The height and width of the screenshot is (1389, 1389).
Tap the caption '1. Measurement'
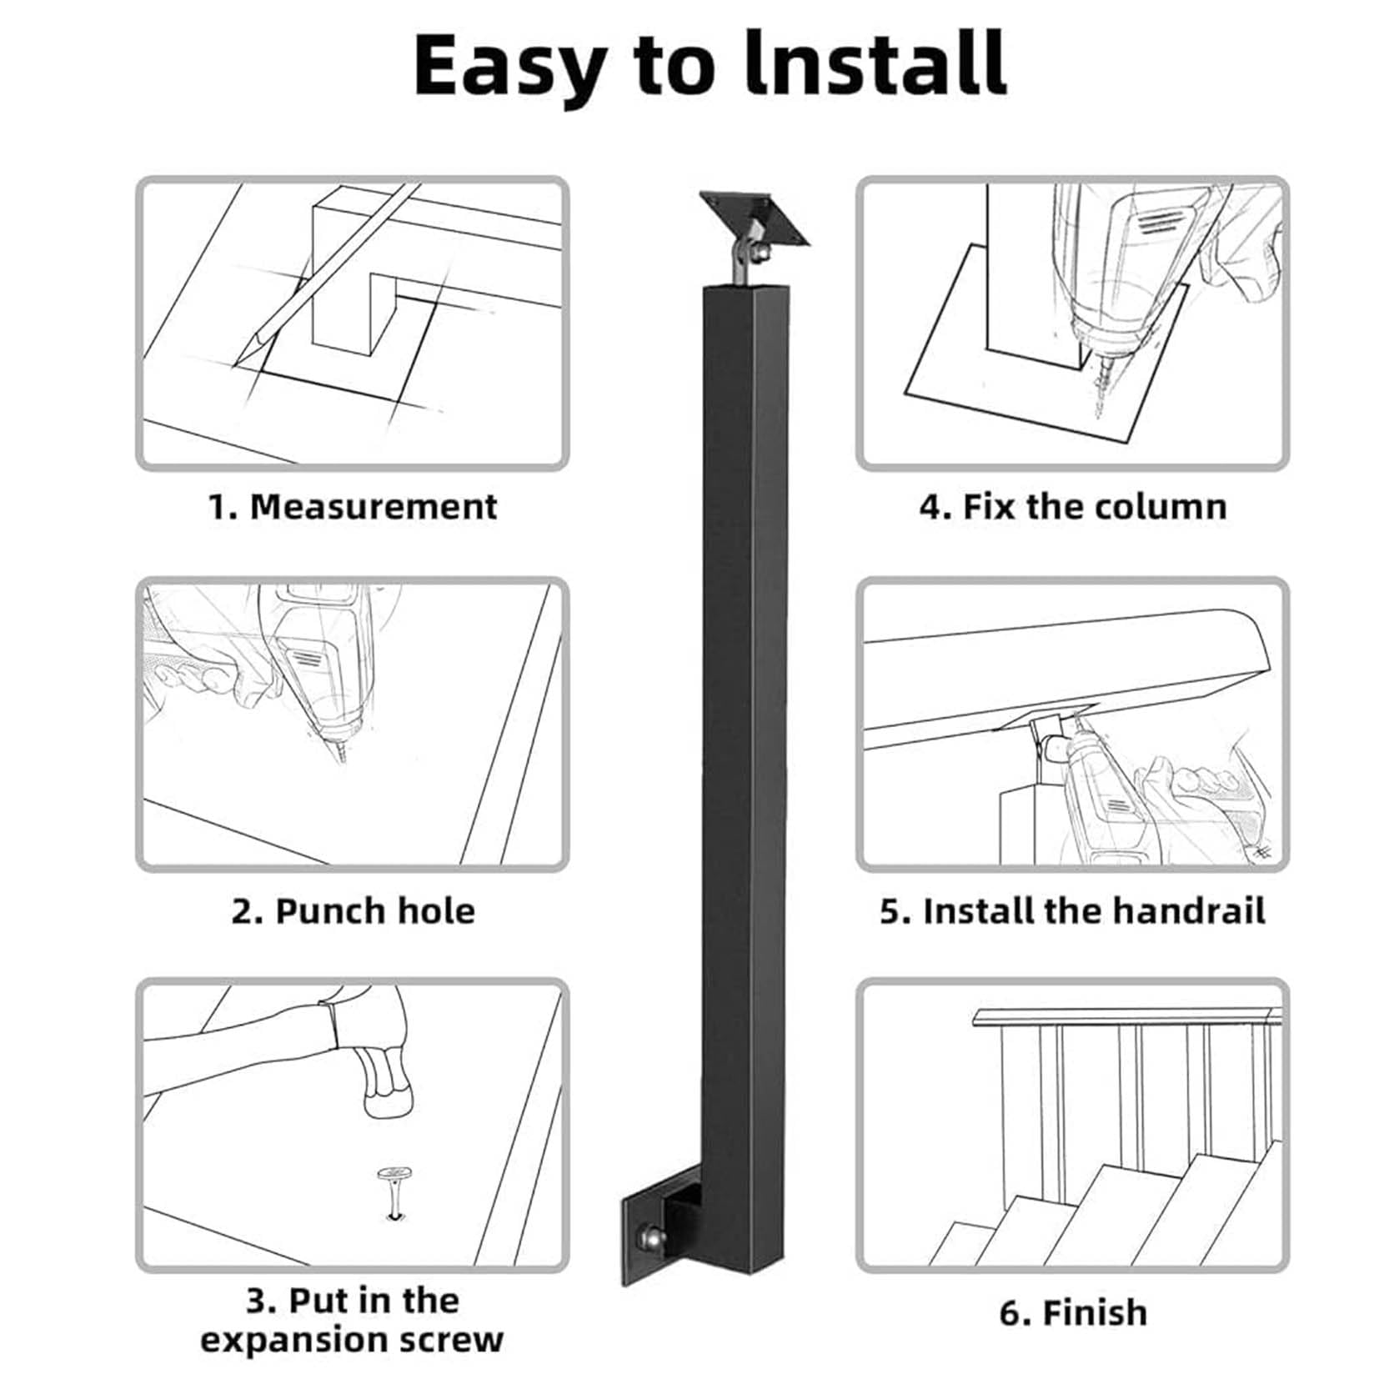[x=353, y=507]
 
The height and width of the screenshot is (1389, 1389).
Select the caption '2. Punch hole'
[x=354, y=911]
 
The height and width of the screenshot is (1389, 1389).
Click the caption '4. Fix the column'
[x=1073, y=507]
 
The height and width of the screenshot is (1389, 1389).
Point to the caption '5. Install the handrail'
[x=1073, y=911]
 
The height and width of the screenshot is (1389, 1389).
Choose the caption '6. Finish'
[x=1073, y=1312]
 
